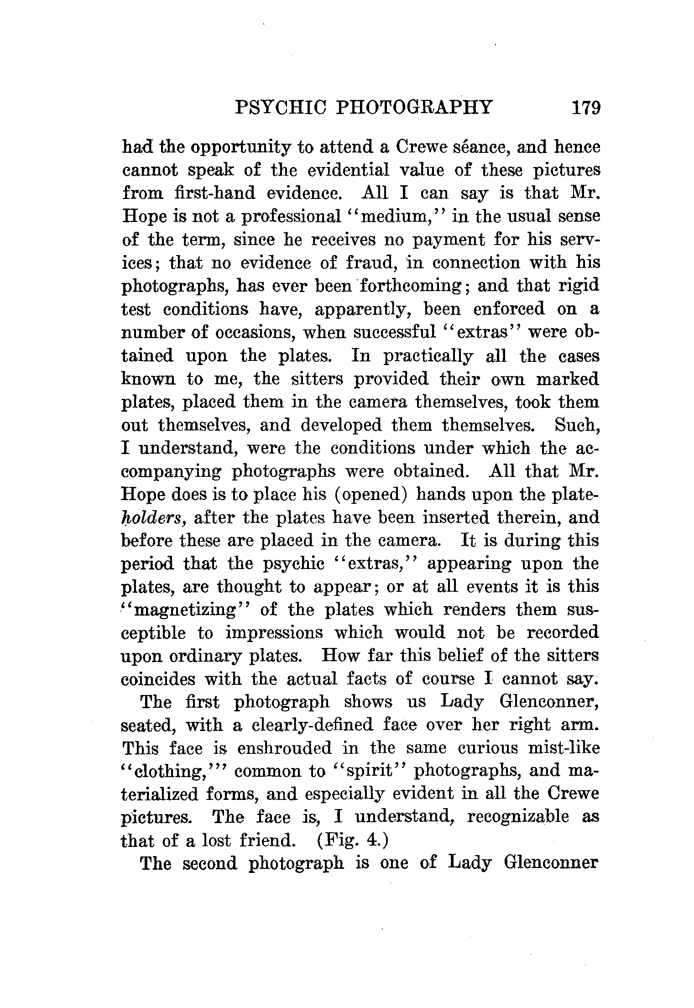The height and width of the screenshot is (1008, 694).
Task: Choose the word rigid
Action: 579,286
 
